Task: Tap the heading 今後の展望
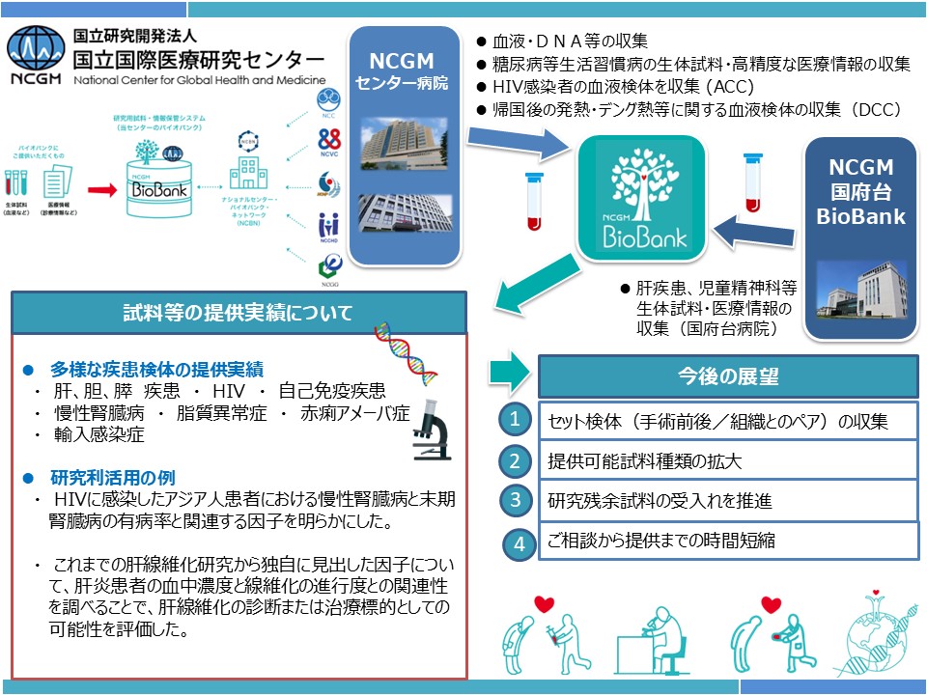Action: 716,375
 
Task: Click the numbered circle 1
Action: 516,420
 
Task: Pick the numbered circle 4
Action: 520,542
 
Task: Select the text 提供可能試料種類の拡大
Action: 644,461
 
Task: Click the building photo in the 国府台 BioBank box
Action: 861,290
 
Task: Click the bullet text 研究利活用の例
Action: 112,478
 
